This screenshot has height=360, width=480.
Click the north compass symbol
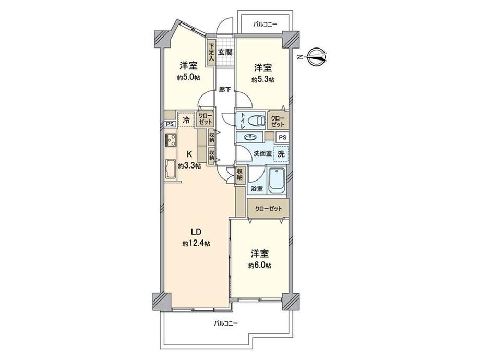[317, 57]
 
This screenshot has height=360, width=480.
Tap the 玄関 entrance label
[225, 52]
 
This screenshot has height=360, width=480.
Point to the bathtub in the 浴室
[277, 181]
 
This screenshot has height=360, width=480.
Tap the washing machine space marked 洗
[281, 154]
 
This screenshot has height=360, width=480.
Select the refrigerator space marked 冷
[186, 119]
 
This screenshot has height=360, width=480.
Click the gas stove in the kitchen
[171, 140]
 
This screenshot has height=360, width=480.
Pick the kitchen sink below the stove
[171, 169]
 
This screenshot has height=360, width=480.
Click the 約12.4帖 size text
[196, 244]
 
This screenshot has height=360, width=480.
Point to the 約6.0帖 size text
[260, 266]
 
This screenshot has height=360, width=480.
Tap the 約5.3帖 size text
[263, 80]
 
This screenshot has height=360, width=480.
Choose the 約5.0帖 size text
[188, 77]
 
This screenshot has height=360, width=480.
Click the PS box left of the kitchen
[170, 124]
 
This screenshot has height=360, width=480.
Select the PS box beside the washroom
[283, 137]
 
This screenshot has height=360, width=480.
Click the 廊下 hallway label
[225, 90]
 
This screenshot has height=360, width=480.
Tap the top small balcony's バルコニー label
[265, 23]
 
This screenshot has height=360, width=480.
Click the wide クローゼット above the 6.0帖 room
[268, 208]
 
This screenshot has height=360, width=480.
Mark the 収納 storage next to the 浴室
[239, 175]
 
